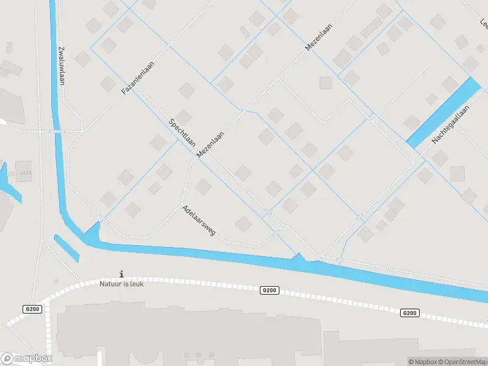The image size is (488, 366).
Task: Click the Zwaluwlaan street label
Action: pyautogui.click(x=61, y=65)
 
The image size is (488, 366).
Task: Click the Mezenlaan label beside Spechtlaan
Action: pyautogui.click(x=210, y=146)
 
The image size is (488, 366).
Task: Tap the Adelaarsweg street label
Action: pyautogui.click(x=198, y=221)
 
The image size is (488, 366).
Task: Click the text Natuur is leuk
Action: pyautogui.click(x=122, y=284)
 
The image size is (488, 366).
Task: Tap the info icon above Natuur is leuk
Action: pyautogui.click(x=122, y=274)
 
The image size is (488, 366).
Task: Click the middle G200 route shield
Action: pyautogui.click(x=270, y=290)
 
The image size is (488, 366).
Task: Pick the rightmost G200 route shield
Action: pyautogui.click(x=410, y=313)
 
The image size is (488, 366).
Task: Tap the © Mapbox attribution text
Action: pyautogui.click(x=425, y=362)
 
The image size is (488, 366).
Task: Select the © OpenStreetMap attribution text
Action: pyautogui.click(x=464, y=362)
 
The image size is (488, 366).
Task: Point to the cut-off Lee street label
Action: pyautogui.click(x=484, y=23)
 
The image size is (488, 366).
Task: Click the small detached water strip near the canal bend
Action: pyautogui.click(x=66, y=247)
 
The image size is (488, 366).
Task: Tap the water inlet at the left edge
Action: pyautogui.click(x=9, y=183)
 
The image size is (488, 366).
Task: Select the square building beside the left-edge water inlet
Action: pyautogui.click(x=23, y=171)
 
